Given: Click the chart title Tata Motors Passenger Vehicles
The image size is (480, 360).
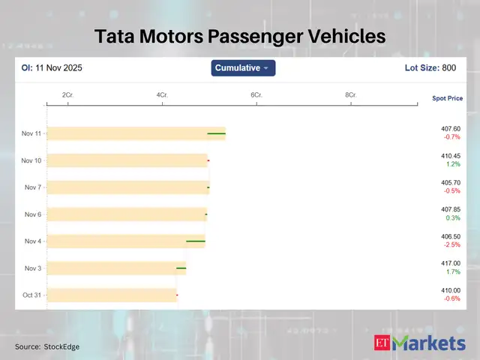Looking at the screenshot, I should [239, 36].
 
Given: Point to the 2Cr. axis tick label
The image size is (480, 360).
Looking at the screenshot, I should [67, 95].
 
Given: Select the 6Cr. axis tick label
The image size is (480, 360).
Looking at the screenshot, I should [256, 95].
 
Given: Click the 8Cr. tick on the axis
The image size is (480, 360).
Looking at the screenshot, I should [350, 95].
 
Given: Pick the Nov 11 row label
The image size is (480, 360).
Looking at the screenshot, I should [32, 133].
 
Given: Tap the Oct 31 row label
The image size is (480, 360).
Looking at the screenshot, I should [32, 295].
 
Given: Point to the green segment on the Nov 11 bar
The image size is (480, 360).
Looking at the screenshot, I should [216, 133].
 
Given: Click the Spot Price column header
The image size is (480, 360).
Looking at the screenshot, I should [447, 98].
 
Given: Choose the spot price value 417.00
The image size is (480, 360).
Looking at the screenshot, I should [451, 263].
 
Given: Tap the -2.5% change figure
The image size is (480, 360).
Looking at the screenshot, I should [451, 245].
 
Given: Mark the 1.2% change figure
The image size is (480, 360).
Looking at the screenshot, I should [453, 164].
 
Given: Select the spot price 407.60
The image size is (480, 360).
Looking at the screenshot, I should [451, 128].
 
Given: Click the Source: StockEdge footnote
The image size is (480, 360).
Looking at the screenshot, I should [47, 346].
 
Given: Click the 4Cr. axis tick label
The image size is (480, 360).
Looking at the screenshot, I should [162, 95].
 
